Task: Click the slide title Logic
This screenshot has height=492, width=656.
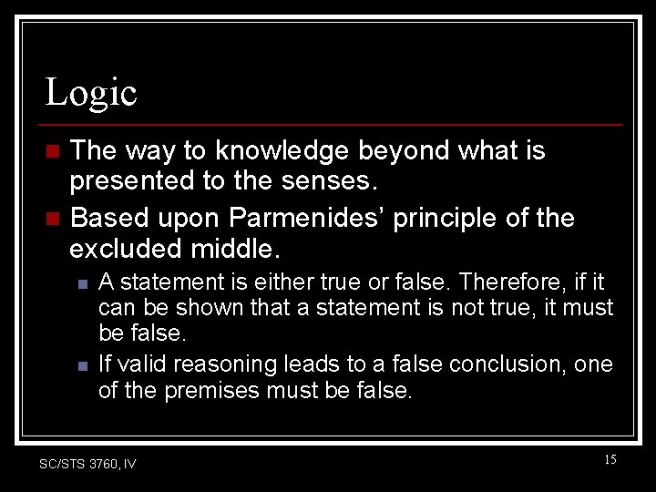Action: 91,92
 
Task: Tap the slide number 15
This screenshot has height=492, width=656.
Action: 610,460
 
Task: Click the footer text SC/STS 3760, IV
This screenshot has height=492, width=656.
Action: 87,465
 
